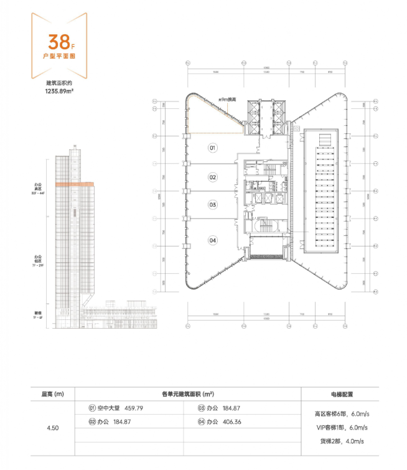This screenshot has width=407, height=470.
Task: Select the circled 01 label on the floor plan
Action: (x=212, y=148)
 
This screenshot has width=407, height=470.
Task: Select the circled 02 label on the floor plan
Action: (x=212, y=177)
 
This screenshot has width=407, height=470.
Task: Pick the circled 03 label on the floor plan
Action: (x=212, y=204)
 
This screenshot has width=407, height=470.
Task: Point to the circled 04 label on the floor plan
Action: (x=212, y=240)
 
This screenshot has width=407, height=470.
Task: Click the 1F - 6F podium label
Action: (x=39, y=316)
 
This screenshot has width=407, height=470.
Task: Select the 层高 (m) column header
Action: (x=53, y=394)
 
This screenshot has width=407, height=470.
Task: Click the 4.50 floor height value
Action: (x=53, y=428)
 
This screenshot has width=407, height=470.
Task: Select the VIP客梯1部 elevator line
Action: (x=342, y=427)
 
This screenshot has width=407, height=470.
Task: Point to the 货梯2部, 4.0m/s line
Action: (x=342, y=441)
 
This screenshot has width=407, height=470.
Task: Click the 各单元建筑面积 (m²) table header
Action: (x=187, y=394)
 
